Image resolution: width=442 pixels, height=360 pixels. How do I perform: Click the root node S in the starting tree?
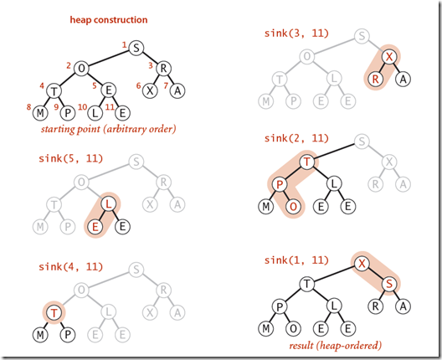point(136,49)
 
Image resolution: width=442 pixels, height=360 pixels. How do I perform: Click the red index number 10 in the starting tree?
point(82,105)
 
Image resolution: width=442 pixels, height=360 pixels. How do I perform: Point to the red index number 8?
point(28,105)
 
